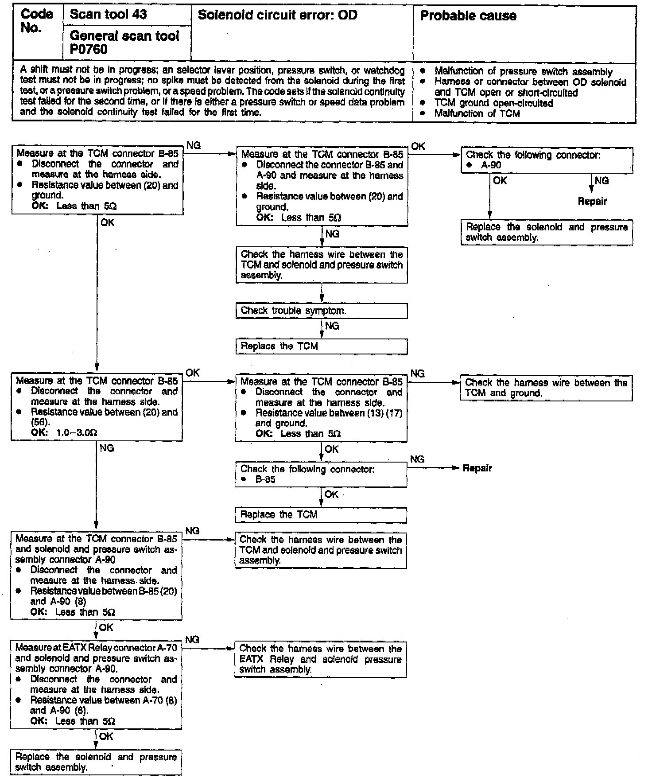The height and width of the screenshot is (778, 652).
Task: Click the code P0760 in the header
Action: pyautogui.click(x=89, y=49)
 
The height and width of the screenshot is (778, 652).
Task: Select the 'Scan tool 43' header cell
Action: pyautogui.click(x=109, y=14)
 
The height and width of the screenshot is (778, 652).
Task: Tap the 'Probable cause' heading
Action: pyautogui.click(x=468, y=16)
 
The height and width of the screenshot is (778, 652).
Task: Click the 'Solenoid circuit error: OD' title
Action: pyautogui.click(x=277, y=15)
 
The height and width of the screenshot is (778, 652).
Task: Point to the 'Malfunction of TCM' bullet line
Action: pyautogui.click(x=477, y=113)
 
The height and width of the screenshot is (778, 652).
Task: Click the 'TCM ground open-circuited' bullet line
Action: pyautogui.click(x=493, y=103)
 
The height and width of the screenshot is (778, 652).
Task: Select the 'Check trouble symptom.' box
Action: pyautogui.click(x=321, y=311)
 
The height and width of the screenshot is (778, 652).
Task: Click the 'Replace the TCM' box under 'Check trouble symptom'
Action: pyautogui.click(x=321, y=346)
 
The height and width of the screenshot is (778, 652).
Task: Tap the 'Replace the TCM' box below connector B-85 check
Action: pyautogui.click(x=321, y=515)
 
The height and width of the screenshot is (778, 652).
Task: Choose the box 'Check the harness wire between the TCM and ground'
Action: pyautogui.click(x=546, y=388)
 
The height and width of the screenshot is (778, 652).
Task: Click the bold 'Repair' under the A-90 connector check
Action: pyautogui.click(x=592, y=202)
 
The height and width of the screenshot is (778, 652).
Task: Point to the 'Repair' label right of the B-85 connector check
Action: pyautogui.click(x=477, y=468)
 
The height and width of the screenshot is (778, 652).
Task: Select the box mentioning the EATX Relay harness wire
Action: pyautogui.click(x=320, y=659)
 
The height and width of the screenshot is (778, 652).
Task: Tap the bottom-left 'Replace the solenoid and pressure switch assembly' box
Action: pyautogui.click(x=96, y=762)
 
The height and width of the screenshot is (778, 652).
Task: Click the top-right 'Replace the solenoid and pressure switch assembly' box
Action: pyautogui.click(x=547, y=232)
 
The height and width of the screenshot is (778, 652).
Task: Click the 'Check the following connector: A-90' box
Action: pyautogui.click(x=547, y=160)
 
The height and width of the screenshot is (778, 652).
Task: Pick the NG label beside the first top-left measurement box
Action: pyautogui.click(x=194, y=145)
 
